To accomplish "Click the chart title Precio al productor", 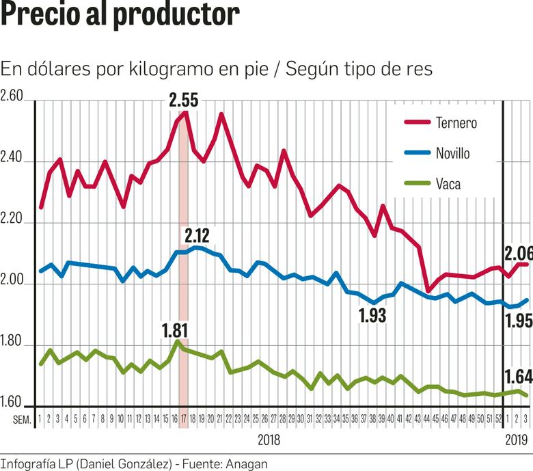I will [120, 15].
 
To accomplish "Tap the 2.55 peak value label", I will [183, 100].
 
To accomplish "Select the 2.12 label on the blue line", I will [198, 237].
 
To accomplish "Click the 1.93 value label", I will [372, 315].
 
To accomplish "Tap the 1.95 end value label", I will [518, 321].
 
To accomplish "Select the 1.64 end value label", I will [518, 376].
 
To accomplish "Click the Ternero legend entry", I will [456, 123].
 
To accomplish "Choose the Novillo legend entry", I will [452, 153].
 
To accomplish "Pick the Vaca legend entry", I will [448, 183].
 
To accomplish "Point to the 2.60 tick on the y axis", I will [12, 96].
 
